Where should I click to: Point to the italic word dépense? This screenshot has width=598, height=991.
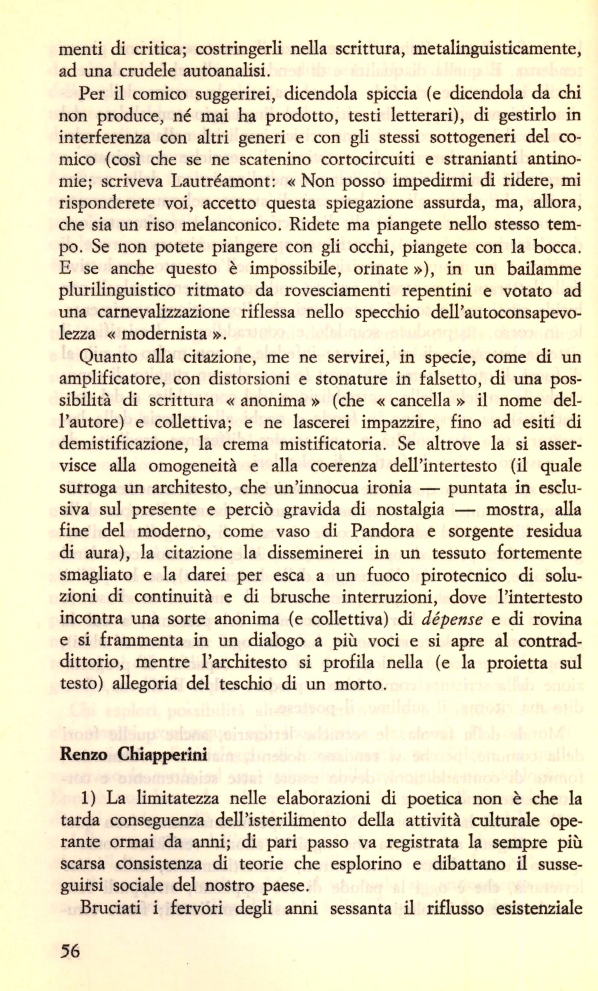(452, 619)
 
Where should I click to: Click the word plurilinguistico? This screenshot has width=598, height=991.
(117, 291)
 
